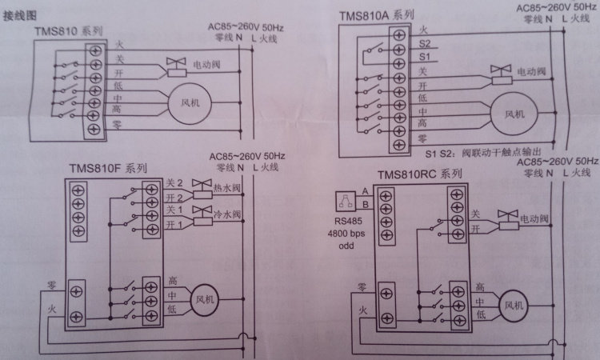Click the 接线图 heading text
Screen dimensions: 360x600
point(19,14)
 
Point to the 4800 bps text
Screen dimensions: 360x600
point(356,234)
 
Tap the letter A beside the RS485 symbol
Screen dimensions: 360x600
point(364,190)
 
